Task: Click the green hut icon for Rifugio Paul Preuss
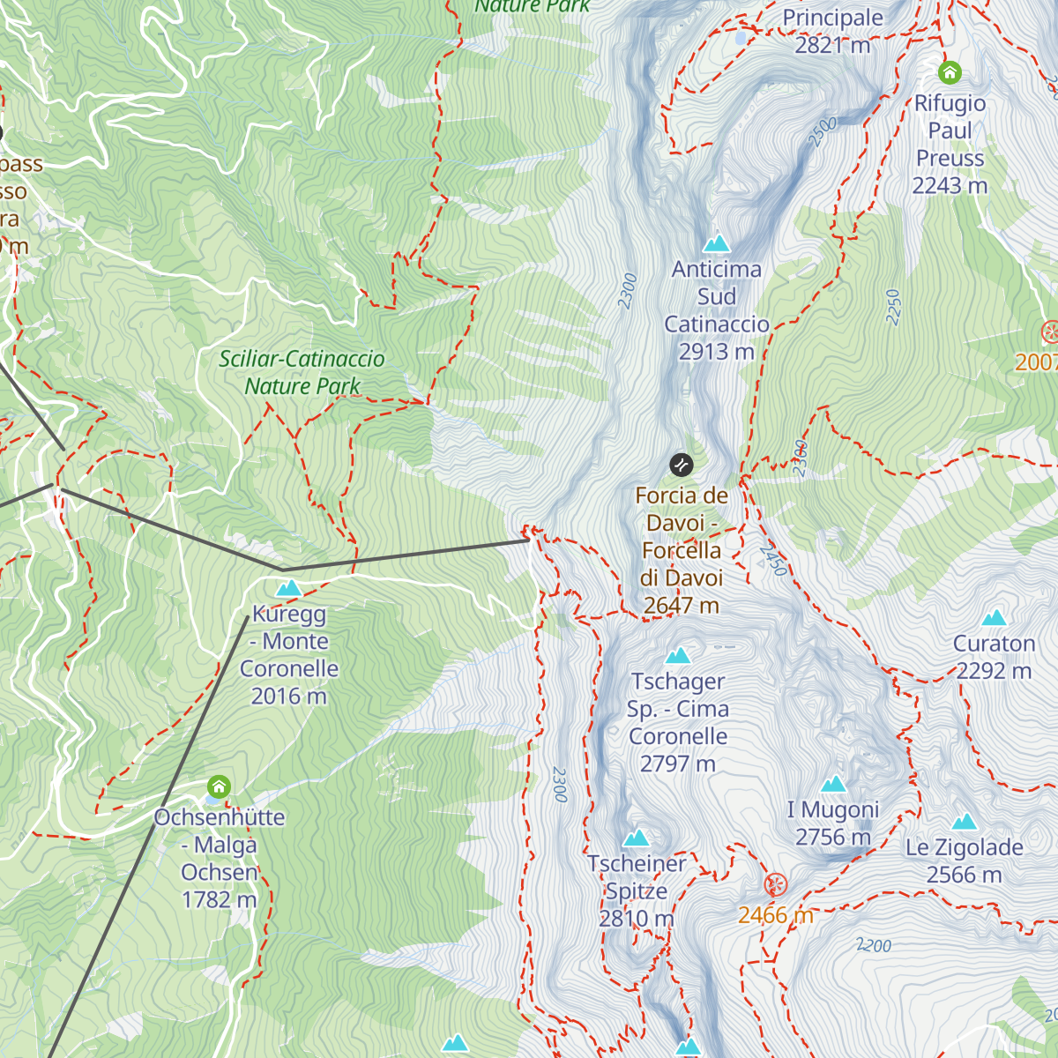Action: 950,72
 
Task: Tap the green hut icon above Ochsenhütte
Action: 219,786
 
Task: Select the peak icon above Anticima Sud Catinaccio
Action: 716,242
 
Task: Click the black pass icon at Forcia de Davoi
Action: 681,465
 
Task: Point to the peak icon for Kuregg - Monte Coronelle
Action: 288,588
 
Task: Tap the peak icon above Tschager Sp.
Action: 677,656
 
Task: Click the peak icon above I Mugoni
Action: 833,784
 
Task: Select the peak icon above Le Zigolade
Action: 964,822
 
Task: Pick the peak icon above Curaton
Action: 994,617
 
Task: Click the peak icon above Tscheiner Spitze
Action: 636,838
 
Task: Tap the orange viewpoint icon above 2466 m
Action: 775,883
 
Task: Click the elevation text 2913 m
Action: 716,352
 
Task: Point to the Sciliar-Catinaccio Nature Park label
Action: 302,372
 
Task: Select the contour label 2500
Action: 822,132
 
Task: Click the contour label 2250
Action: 893,307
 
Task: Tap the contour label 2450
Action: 773,561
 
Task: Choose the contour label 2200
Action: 874,945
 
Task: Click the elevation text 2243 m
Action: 950,186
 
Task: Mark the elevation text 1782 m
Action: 219,900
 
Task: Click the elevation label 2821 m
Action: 832,45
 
